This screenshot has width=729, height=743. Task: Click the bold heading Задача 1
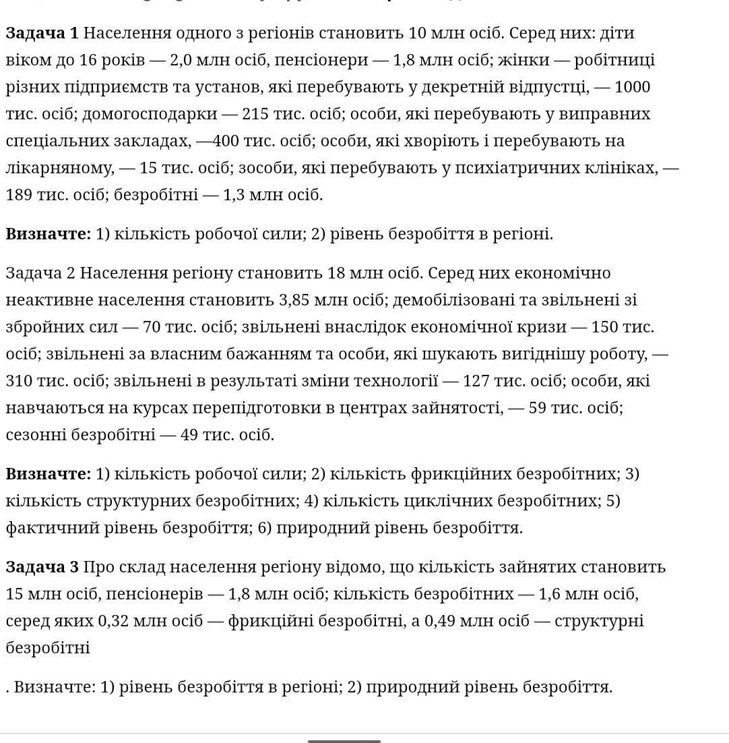42,33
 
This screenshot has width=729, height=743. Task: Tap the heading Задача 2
40,273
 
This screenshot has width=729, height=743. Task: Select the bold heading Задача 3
42,567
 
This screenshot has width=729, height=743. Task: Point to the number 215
255,114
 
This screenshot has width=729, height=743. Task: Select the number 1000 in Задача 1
632,87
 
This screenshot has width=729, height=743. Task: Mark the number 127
476,381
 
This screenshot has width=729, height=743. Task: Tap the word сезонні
35,435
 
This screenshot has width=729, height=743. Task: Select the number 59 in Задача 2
537,408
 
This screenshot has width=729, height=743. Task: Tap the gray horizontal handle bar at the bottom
344,741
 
